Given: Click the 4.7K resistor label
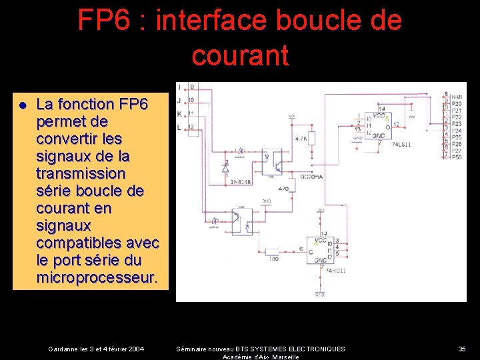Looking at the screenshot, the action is [300, 139].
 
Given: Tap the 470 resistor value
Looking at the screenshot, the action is [283, 189].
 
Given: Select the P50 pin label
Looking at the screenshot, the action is [457, 157].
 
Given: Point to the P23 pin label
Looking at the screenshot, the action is [457, 123].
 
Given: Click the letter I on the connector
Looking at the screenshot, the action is [180, 86].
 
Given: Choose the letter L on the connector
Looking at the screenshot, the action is [180, 127].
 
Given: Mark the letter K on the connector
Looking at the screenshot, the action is [180, 113].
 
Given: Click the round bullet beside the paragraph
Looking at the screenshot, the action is [22, 105].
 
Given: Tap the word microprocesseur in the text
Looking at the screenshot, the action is [97, 277].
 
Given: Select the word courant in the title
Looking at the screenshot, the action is [240, 55].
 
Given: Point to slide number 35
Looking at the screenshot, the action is [462, 349].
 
